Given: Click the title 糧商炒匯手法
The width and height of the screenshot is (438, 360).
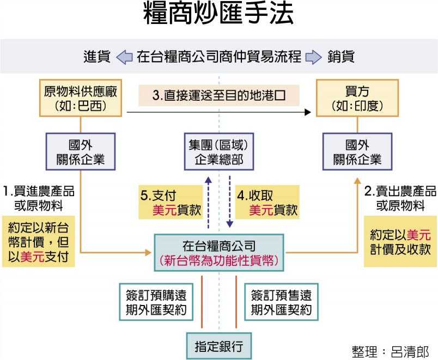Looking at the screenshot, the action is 218,13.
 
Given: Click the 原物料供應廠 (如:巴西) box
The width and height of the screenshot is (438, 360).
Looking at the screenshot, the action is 81,98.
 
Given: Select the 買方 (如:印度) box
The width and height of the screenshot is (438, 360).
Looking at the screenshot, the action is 357,98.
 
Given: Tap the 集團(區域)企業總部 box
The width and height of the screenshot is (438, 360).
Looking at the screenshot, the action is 219,151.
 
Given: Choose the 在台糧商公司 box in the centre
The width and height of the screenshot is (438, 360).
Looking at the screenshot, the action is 219,253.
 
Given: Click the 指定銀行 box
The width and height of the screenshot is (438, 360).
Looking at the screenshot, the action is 219,346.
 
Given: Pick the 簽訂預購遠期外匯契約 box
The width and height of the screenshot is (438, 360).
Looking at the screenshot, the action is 156,302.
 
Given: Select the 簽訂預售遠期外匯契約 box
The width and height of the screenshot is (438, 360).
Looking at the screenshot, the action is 281,302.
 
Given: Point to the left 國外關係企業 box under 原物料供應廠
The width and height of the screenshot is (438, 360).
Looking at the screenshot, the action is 81,151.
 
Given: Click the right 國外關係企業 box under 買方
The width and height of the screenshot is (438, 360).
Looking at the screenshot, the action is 357,151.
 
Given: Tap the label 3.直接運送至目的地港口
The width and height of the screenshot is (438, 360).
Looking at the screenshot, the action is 218,95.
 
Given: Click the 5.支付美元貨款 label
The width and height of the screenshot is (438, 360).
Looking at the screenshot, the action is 171,202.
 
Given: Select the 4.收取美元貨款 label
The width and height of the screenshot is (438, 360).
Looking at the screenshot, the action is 267,202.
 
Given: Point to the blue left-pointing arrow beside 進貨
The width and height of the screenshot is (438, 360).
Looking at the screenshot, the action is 124,57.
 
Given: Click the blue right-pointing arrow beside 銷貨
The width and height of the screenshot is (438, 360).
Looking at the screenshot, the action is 313,57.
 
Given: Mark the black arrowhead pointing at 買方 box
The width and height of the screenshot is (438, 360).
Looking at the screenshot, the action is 308,112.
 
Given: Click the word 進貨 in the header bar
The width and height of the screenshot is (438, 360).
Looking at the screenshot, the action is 97,57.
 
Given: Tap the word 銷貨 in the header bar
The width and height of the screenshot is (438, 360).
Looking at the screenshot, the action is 341,57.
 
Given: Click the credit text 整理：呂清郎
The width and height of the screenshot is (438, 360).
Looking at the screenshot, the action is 391,352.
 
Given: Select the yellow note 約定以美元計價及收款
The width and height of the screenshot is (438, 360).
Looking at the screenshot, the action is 400,241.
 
